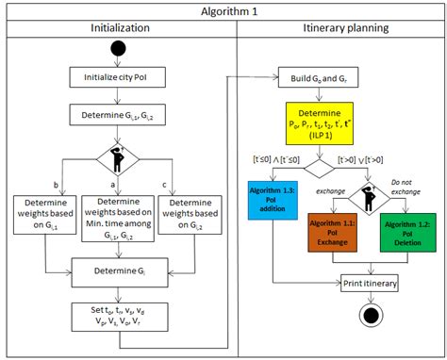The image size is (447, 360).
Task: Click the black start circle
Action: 119,48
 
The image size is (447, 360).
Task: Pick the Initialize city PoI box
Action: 119,78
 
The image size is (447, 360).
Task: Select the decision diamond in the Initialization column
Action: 119,155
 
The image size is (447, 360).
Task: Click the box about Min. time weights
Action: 119,220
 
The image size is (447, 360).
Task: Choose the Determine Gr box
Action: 119,271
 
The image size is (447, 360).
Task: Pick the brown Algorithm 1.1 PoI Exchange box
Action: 336,233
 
